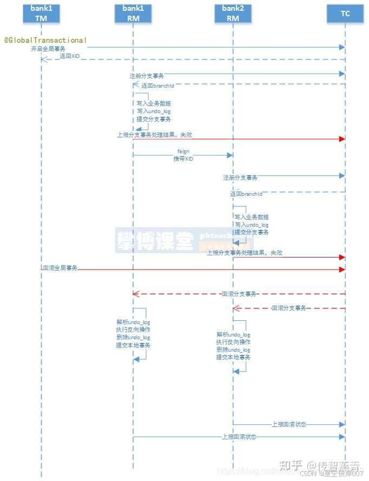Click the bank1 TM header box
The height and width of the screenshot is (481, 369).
tap(41, 14)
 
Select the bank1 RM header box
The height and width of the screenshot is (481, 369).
tap(133, 14)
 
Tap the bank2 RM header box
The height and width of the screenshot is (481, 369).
tap(233, 14)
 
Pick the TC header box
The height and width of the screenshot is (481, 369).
tap(345, 14)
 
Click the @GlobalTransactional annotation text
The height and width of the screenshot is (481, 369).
tap(45, 41)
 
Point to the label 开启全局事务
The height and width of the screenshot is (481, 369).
tap(48, 49)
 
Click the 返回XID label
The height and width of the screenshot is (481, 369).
tap(69, 56)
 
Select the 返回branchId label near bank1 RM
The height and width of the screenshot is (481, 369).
tap(157, 85)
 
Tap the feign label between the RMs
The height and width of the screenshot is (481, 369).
tap(183, 151)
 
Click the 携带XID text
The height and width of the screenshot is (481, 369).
tap(183, 159)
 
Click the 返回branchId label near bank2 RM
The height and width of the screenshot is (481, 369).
tap(246, 194)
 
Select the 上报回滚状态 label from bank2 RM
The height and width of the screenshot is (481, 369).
tap(289, 424)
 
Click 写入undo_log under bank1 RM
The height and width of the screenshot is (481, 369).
tap(153, 111)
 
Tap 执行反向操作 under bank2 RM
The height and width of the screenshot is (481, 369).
tap(233, 342)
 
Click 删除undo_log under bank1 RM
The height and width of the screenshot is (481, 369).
tap(133, 337)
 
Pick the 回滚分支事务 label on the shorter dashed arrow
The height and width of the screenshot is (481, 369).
tap(289, 308)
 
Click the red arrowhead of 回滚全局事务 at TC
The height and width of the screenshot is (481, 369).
tap(342, 269)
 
